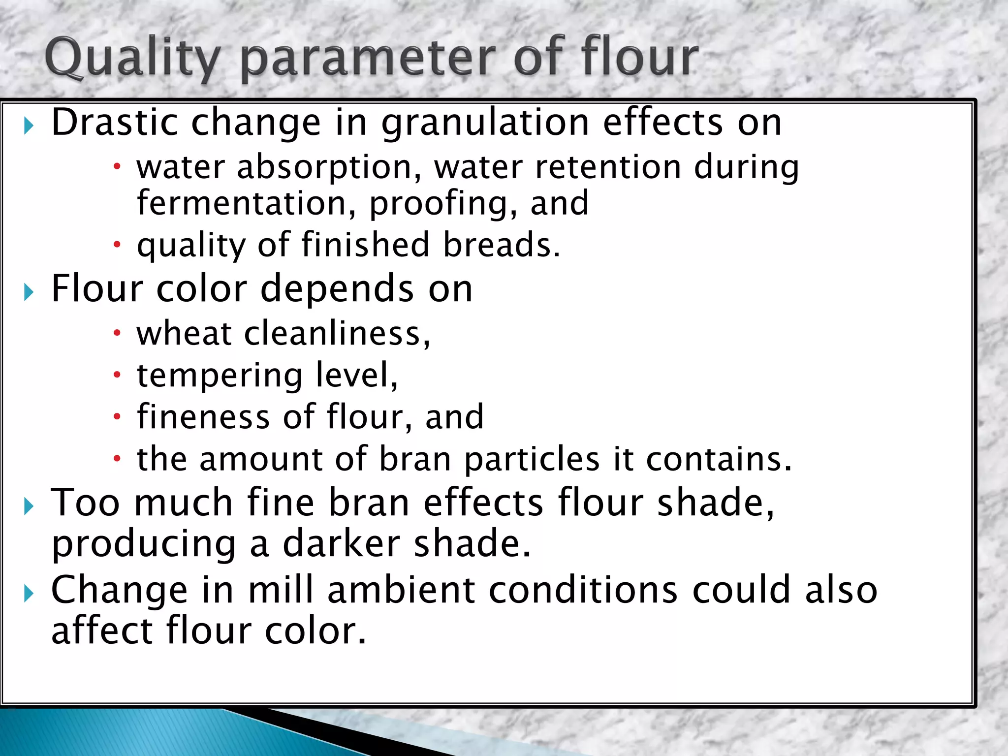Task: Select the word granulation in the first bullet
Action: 485,123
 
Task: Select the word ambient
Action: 401,590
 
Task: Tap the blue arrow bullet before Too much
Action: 29,506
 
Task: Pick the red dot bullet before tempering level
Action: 117,376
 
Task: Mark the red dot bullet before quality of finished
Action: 117,244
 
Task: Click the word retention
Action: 608,167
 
